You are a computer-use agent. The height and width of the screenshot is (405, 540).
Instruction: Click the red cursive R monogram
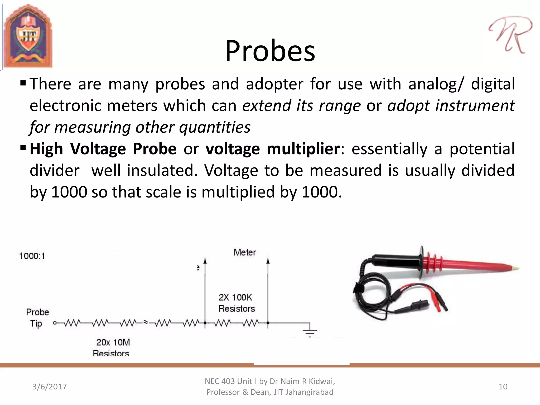(510, 34)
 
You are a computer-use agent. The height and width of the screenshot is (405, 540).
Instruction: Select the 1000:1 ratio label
(32, 256)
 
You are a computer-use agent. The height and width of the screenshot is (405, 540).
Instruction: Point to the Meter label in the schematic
(245, 252)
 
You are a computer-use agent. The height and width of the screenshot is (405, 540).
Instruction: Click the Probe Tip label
(37, 318)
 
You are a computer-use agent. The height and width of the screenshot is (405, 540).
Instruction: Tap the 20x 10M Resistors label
(112, 348)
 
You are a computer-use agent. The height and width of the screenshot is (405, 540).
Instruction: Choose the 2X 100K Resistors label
(236, 303)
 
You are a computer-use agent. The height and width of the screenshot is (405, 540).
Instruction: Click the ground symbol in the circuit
(310, 332)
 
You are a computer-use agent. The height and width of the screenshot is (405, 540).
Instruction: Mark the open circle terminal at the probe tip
(55, 323)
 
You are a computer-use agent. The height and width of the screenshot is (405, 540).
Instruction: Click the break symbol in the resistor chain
(146, 322)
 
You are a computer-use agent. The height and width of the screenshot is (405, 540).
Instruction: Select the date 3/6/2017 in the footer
(50, 387)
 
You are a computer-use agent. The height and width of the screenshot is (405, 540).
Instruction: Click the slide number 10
(503, 387)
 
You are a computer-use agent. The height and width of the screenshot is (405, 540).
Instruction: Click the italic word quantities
(215, 127)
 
